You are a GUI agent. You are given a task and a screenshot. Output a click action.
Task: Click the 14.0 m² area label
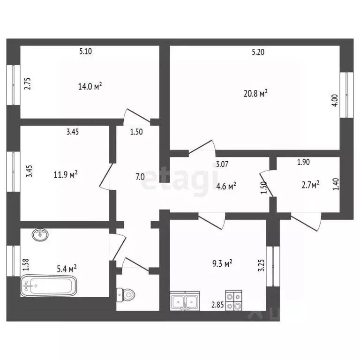click(x=90, y=86)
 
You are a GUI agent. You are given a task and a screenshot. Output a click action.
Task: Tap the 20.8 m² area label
click(x=255, y=93)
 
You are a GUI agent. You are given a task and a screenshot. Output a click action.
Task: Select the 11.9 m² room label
click(x=66, y=175)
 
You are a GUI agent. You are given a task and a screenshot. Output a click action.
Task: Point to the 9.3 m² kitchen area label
click(x=222, y=263)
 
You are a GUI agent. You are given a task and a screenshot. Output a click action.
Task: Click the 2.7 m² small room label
click(x=310, y=185)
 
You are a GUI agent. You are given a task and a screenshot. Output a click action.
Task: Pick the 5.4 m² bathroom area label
click(x=67, y=269)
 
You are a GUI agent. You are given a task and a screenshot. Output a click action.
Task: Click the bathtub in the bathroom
click(x=49, y=285)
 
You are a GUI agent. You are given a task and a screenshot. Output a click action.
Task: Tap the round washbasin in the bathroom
click(x=41, y=235)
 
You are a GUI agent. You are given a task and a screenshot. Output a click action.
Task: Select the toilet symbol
click(x=126, y=294)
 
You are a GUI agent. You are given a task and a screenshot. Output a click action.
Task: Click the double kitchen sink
click(x=185, y=301)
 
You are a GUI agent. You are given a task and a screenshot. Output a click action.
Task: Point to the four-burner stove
click(x=234, y=300)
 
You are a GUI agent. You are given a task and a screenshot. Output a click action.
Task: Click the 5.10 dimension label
click(x=86, y=51)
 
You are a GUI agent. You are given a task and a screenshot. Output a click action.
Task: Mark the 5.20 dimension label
click(x=258, y=52)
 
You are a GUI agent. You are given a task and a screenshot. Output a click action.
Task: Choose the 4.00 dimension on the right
click(x=335, y=100)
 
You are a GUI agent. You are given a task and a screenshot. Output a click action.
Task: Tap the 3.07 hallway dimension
click(x=222, y=164)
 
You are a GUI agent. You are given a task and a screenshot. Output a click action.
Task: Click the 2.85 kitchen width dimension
click(x=217, y=305)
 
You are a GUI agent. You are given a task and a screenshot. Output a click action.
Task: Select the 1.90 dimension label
click(x=304, y=162)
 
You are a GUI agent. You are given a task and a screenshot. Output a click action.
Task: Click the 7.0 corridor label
click(x=140, y=177)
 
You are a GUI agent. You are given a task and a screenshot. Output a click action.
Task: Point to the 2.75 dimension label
click(x=28, y=84)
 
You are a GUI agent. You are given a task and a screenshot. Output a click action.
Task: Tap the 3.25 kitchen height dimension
click(x=261, y=265)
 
